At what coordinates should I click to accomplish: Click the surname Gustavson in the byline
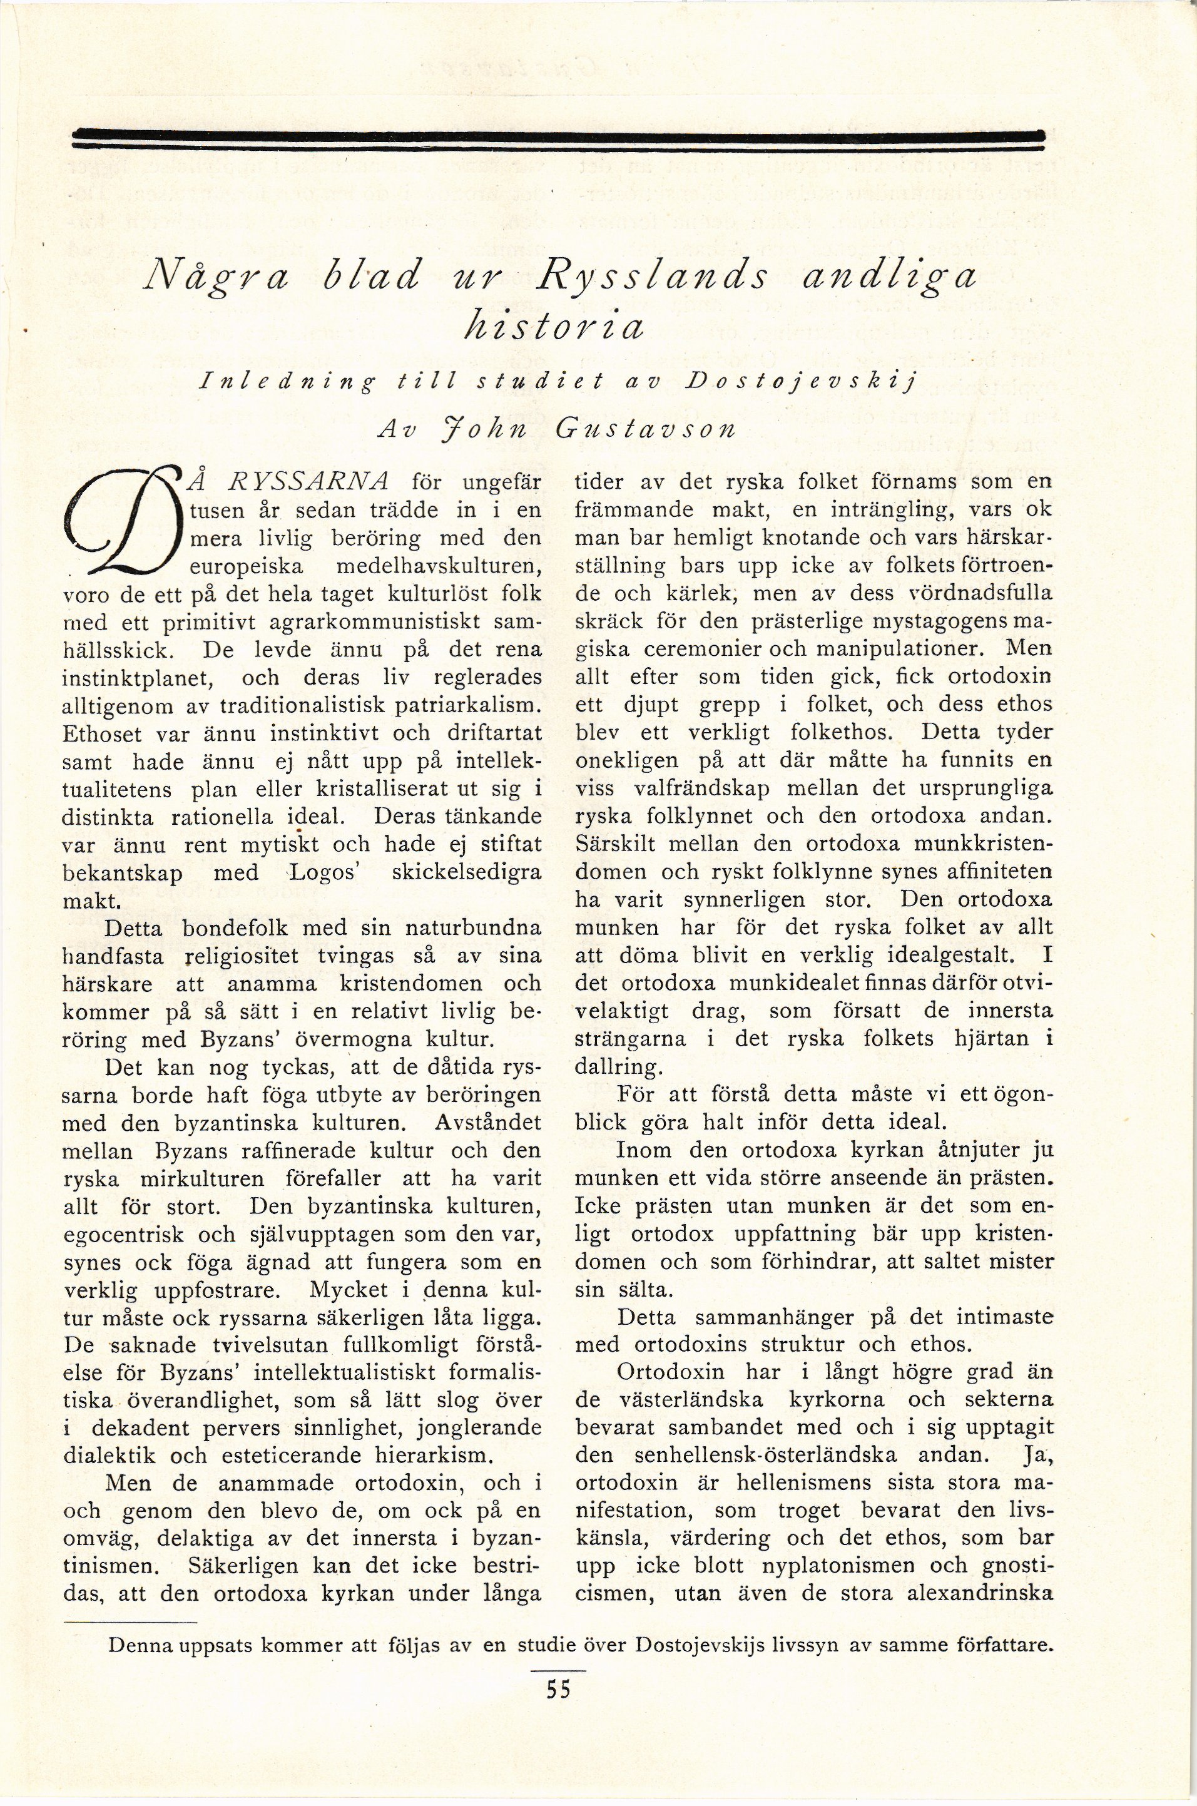[646, 429]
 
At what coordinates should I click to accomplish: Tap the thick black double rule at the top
[558, 136]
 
